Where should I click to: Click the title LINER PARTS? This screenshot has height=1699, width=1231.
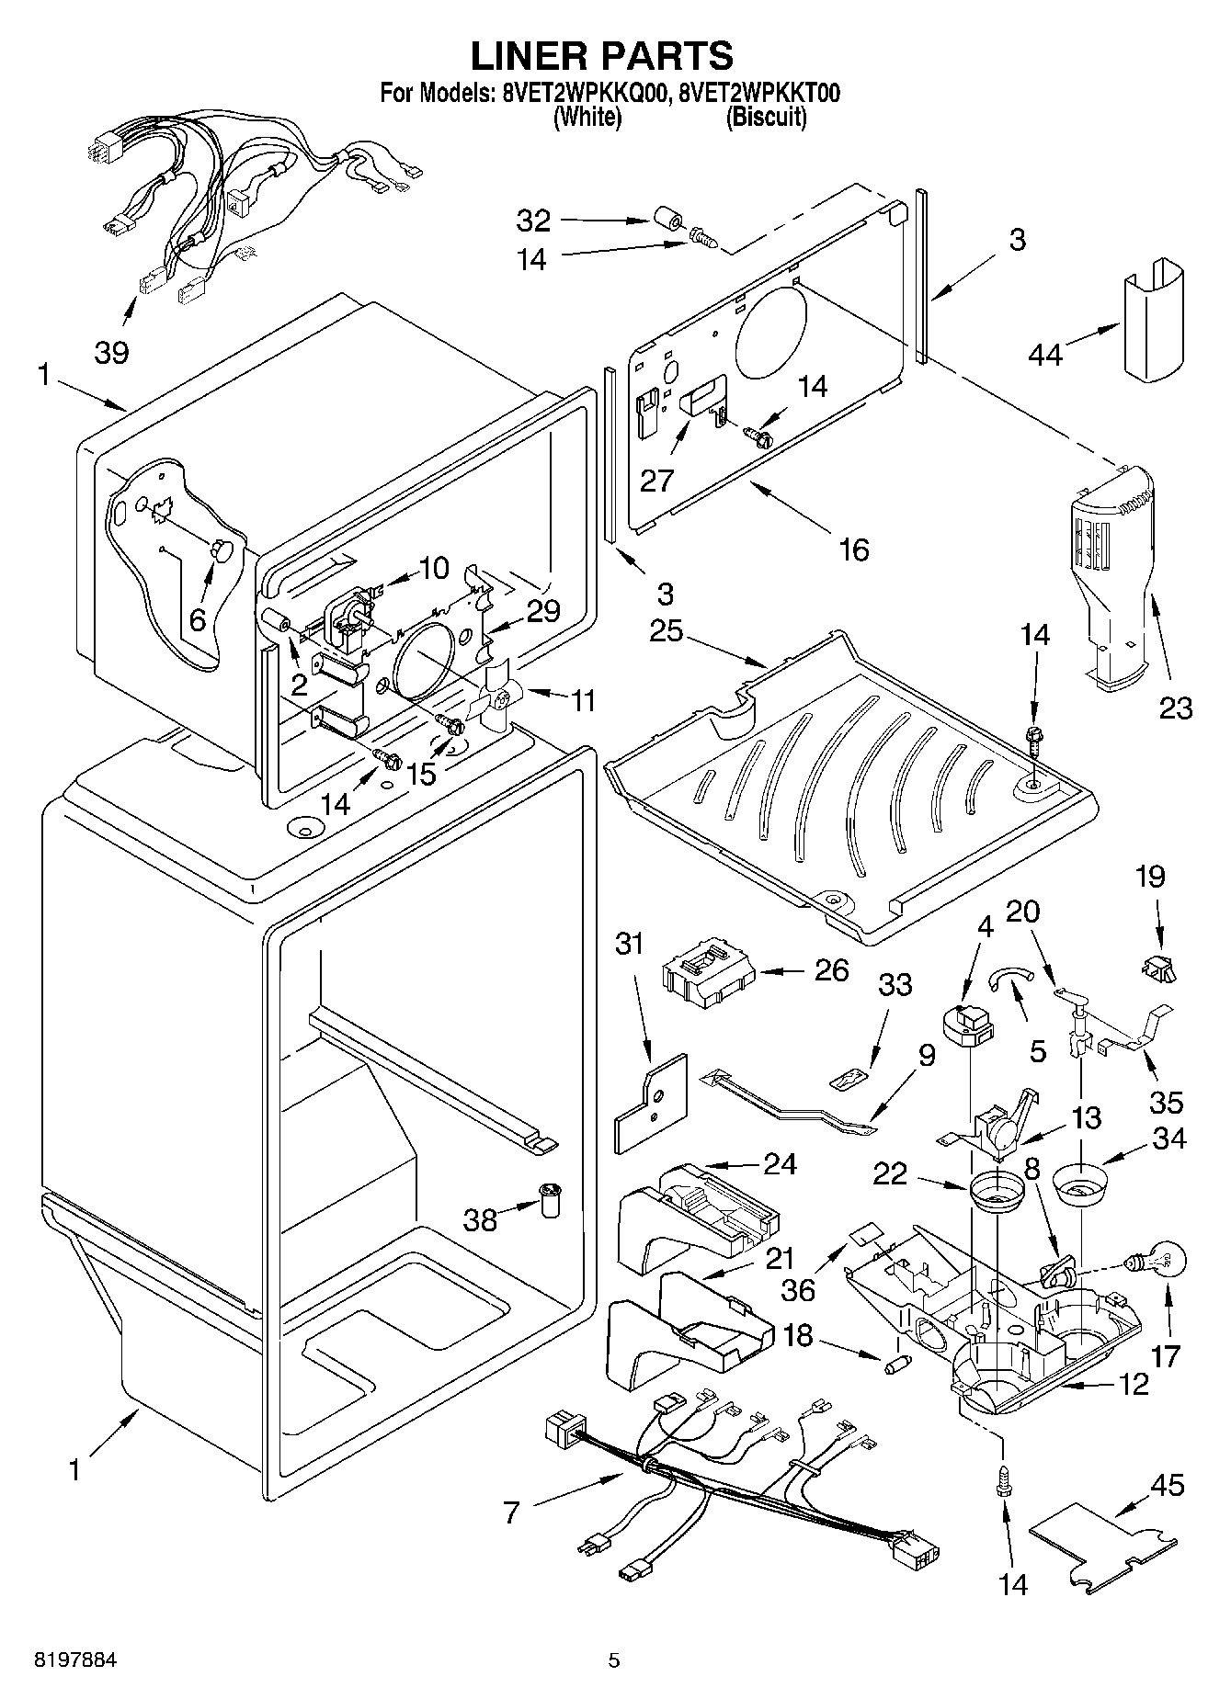[602, 55]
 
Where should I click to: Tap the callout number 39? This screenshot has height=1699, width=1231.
[112, 352]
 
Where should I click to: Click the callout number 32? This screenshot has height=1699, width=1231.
[533, 221]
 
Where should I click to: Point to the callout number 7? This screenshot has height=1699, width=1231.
[511, 1511]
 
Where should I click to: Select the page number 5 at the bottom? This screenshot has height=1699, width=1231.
[614, 1660]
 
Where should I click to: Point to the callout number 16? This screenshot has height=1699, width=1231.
[854, 549]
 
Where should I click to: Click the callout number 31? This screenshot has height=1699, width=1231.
[630, 943]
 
